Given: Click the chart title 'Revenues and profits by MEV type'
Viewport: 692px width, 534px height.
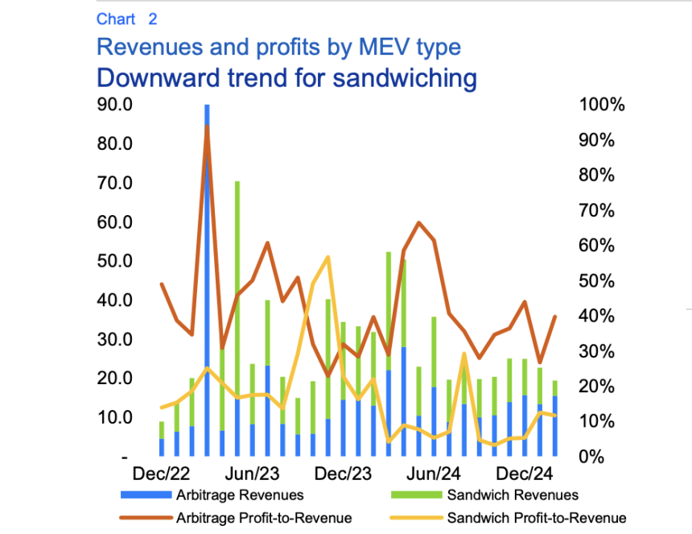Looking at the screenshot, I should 278,47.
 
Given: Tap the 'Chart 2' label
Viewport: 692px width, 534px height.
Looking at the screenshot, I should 126,19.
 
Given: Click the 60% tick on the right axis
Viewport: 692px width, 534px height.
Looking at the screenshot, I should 598,246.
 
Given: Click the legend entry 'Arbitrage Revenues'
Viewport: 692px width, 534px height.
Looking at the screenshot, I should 239,495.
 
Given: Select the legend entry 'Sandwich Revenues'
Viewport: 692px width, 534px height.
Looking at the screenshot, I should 512,495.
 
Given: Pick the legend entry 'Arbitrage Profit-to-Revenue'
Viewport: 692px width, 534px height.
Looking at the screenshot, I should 263,518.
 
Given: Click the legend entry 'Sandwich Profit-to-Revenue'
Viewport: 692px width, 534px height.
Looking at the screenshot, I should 536,518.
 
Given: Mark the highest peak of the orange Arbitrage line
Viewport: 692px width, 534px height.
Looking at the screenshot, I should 207,127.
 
